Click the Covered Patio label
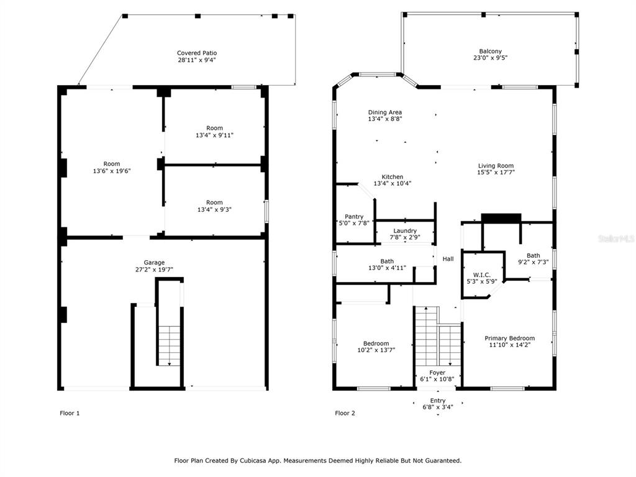pyautogui.click(x=197, y=53)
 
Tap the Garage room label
pyautogui.click(x=154, y=263)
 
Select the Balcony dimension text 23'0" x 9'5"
pyautogui.click(x=491, y=58)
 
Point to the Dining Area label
pyautogui.click(x=385, y=112)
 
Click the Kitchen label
pyautogui.click(x=393, y=177)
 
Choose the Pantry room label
pyautogui.click(x=354, y=217)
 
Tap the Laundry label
pyautogui.click(x=405, y=231)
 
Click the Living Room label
pyautogui.click(x=496, y=165)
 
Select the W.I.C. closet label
pyautogui.click(x=482, y=275)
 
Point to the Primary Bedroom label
pyautogui.click(x=510, y=338)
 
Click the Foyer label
pyautogui.click(x=437, y=373)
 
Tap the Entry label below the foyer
pyautogui.click(x=438, y=401)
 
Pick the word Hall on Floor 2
pyautogui.click(x=448, y=259)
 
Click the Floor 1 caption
pyautogui.click(x=70, y=413)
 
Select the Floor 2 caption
pyautogui.click(x=345, y=413)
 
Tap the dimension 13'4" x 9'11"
pyautogui.click(x=214, y=135)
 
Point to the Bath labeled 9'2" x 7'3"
pyautogui.click(x=534, y=255)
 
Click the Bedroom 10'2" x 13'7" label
pyautogui.click(x=376, y=343)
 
